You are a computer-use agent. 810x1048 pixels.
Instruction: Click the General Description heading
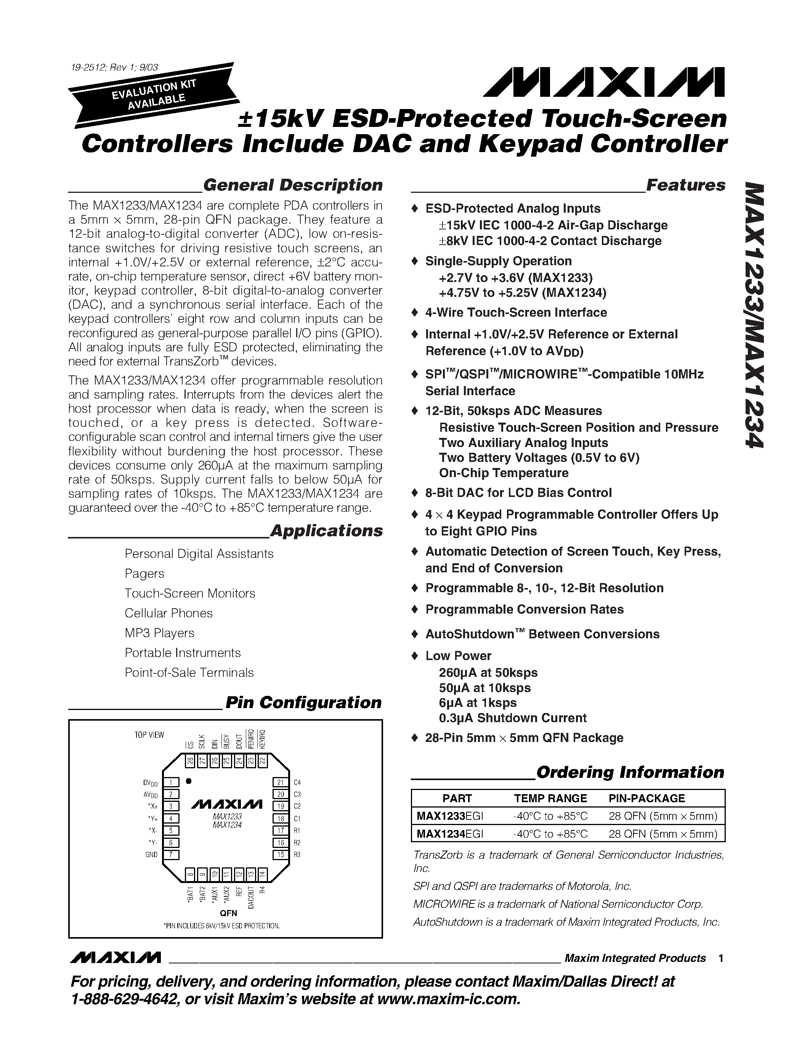click(x=293, y=185)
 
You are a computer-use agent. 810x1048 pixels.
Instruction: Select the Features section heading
click(x=686, y=185)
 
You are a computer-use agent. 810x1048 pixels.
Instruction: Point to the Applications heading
click(x=326, y=531)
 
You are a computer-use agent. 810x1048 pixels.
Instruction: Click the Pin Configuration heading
click(x=303, y=702)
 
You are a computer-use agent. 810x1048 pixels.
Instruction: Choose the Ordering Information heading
click(x=630, y=772)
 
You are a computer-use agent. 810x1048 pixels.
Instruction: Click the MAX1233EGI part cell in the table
click(x=450, y=816)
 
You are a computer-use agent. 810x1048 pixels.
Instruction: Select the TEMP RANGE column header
click(x=550, y=798)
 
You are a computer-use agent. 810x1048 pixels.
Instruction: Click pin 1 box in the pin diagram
click(x=171, y=783)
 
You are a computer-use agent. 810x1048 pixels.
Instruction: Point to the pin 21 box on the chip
click(x=281, y=783)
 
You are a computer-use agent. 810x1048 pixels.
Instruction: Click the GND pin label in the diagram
click(x=151, y=855)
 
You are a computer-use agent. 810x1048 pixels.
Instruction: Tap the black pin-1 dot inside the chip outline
click(x=189, y=781)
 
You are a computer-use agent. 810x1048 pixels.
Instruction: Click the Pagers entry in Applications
click(x=144, y=574)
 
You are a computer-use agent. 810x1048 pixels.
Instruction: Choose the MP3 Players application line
click(x=159, y=633)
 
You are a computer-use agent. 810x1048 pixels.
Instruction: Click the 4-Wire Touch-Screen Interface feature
click(x=516, y=312)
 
